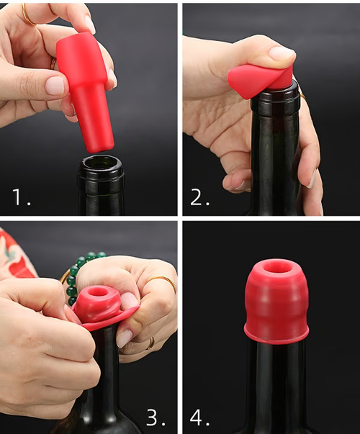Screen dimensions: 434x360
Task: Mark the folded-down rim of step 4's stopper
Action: (x=277, y=335)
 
